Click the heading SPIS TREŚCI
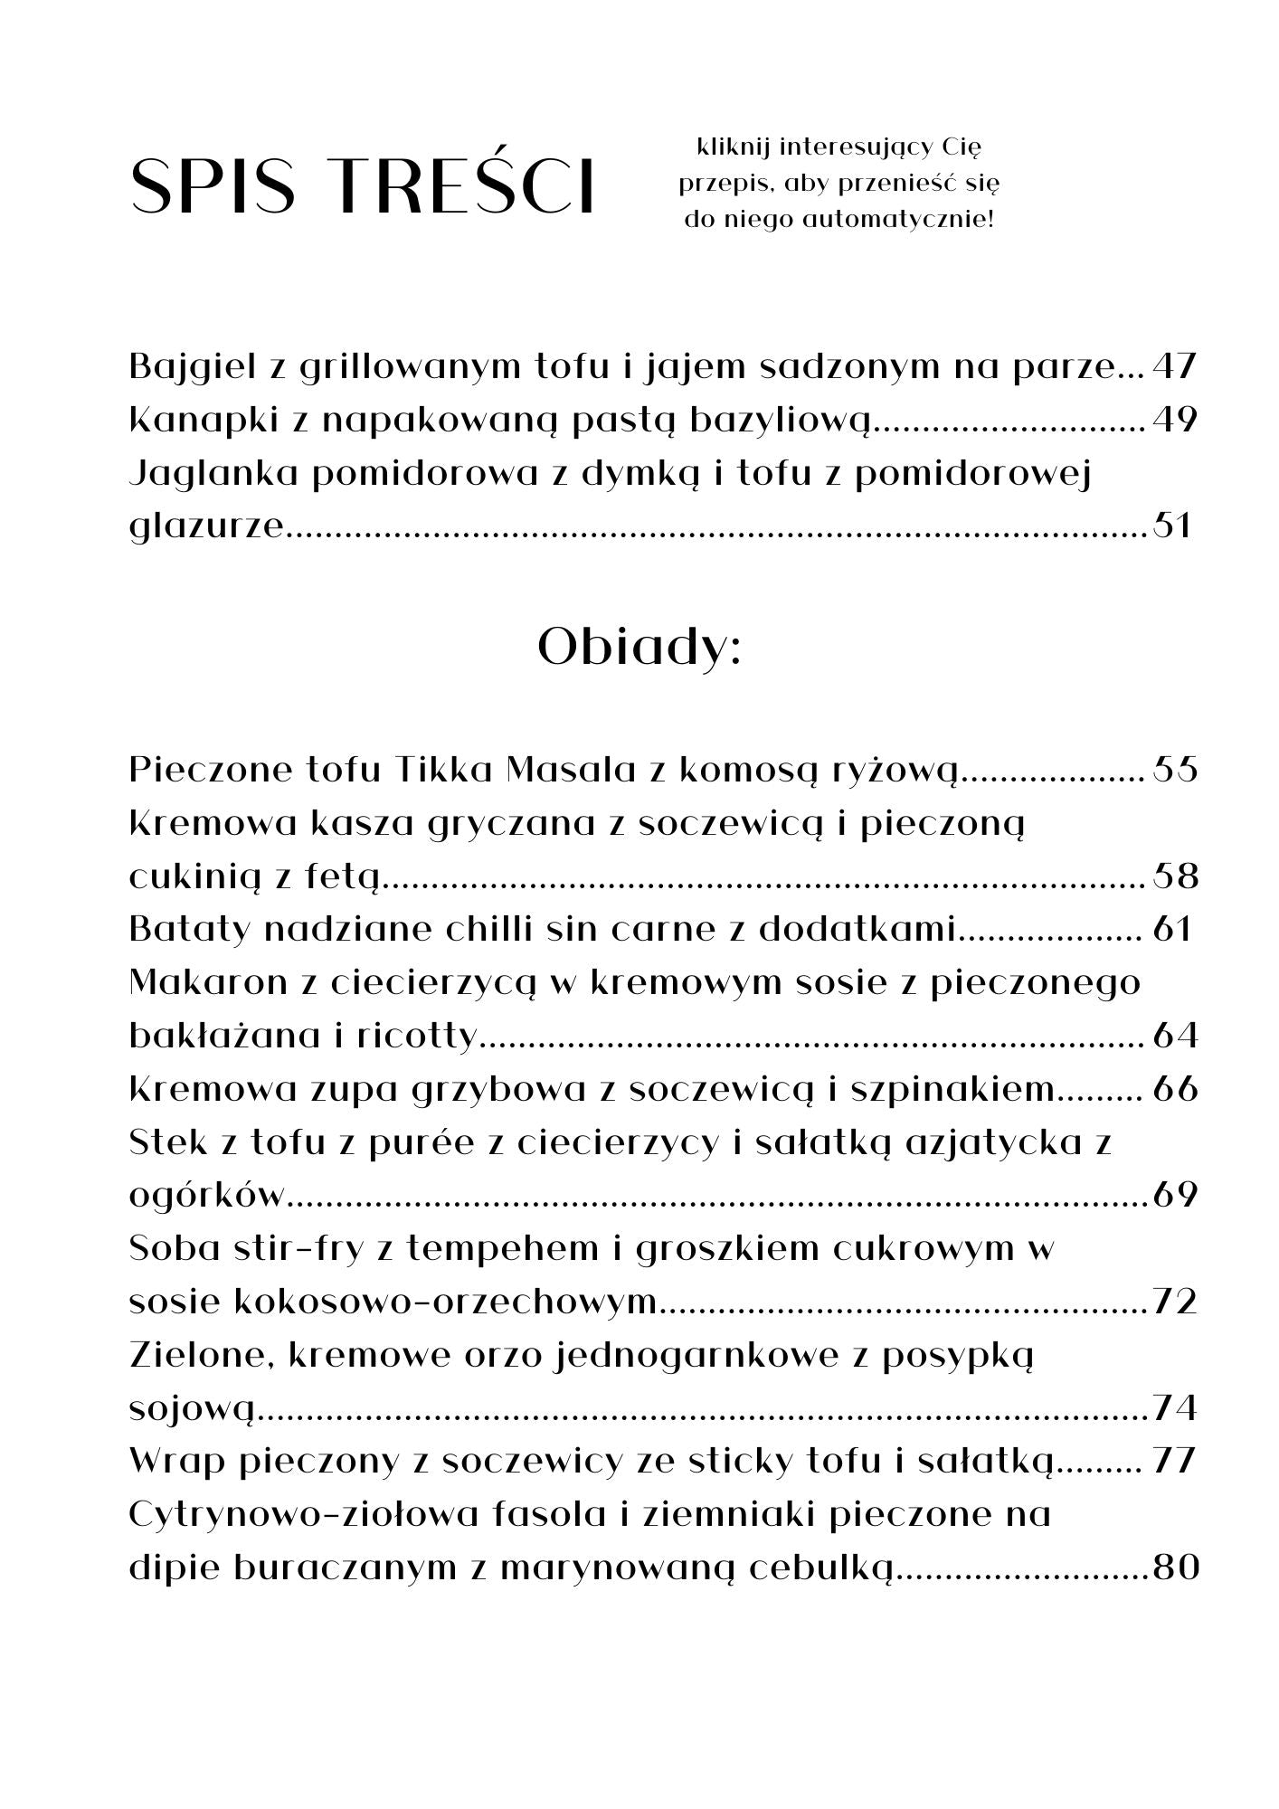pyautogui.click(x=363, y=186)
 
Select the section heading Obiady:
pyautogui.click(x=639, y=648)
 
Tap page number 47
pyautogui.click(x=1174, y=367)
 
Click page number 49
pyautogui.click(x=1174, y=421)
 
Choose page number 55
pyautogui.click(x=1174, y=770)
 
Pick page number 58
pyautogui.click(x=1175, y=876)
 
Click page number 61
pyautogui.click(x=1173, y=929)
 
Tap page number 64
pyautogui.click(x=1175, y=1036)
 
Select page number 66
pyautogui.click(x=1175, y=1089)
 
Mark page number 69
pyautogui.click(x=1175, y=1195)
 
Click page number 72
pyautogui.click(x=1175, y=1302)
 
